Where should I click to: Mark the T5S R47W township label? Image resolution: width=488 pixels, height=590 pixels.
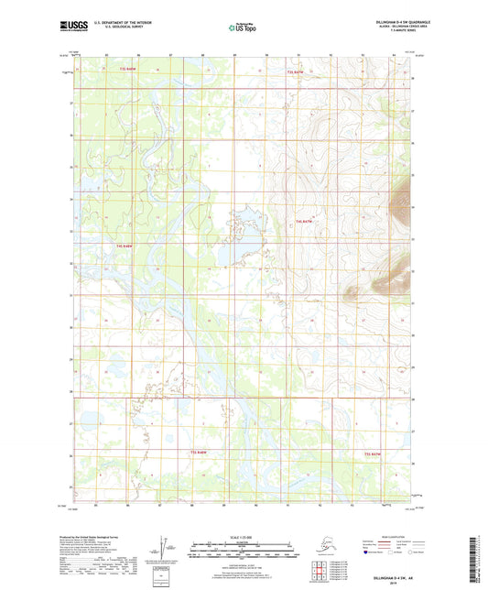[x=373, y=453]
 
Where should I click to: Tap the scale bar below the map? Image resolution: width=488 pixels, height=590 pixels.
[x=244, y=553]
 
